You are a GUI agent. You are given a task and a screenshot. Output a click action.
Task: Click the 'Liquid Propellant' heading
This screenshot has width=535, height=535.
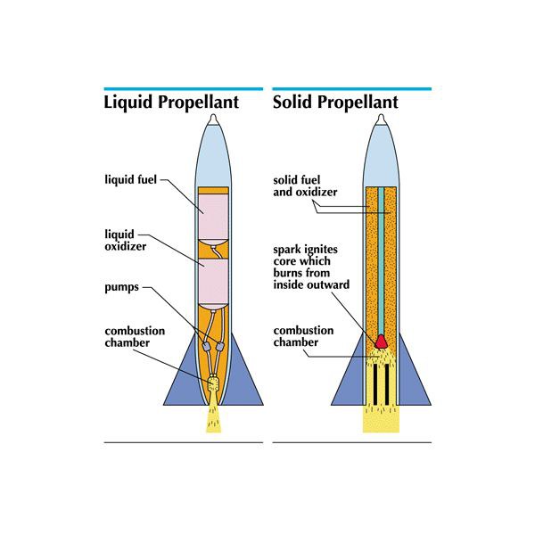171,103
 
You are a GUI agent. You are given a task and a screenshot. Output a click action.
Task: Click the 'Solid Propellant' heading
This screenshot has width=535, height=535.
335,103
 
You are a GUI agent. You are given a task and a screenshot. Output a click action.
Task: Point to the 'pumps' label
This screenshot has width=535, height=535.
122,288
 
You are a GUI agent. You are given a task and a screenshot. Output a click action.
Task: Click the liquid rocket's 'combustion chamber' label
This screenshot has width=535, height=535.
134,337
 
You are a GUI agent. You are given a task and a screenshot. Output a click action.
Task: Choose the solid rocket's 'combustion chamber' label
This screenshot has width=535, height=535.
303,336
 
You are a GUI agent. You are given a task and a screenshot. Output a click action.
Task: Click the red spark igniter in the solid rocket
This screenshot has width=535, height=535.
381,340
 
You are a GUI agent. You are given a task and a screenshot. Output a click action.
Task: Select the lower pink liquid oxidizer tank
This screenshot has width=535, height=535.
214,276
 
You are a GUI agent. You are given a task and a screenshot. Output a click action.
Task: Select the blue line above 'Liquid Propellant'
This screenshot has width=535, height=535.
184,88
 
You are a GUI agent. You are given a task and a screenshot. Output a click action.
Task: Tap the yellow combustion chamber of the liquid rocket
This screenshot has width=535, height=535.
213,386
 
